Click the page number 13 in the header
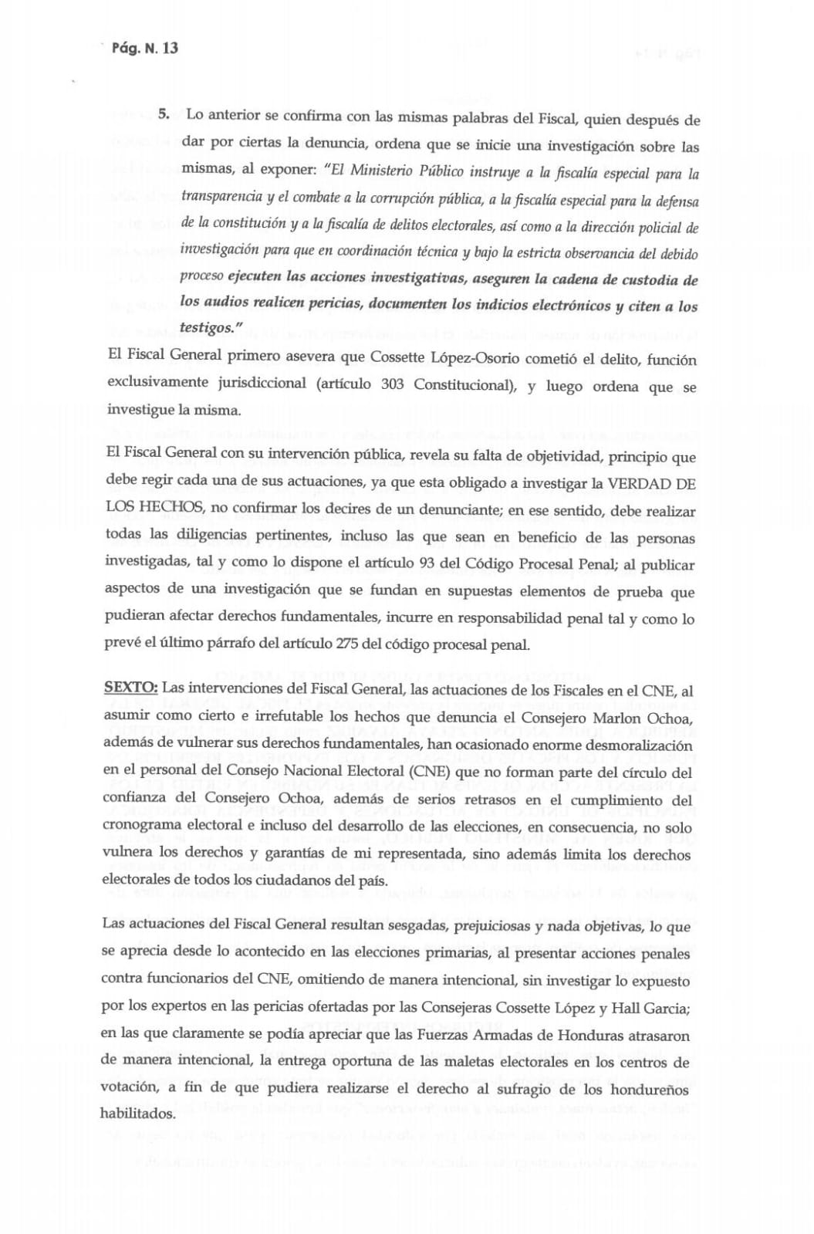coord(170,48)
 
